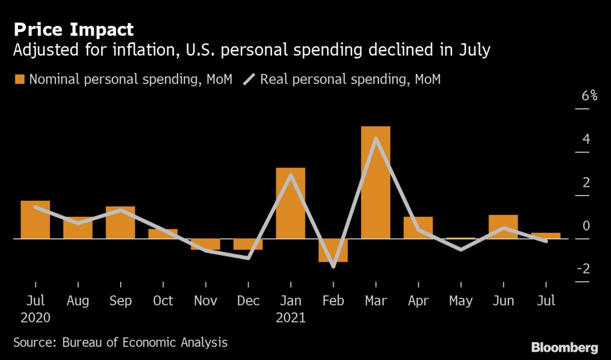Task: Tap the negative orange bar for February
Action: click(x=333, y=250)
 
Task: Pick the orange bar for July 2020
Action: click(x=35, y=219)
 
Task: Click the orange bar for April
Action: click(x=418, y=228)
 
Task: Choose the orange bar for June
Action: click(x=503, y=227)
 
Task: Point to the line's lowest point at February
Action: click(x=333, y=266)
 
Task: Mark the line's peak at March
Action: click(x=375, y=139)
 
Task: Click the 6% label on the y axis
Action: click(x=589, y=96)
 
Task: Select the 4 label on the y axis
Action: click(x=586, y=139)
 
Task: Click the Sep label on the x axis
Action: click(x=120, y=301)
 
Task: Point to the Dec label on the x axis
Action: click(x=248, y=301)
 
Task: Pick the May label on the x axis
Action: click(x=460, y=301)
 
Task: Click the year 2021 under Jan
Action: click(x=290, y=318)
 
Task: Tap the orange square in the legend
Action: click(x=20, y=79)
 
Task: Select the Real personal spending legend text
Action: click(x=350, y=79)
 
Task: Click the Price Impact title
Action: click(x=73, y=30)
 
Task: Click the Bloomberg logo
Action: click(x=565, y=348)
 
